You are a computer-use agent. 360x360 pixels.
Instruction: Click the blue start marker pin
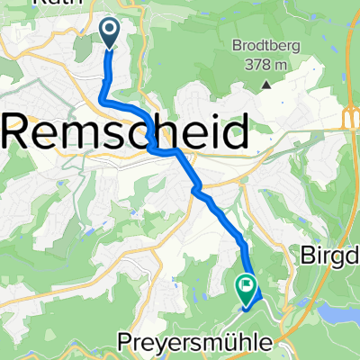(x=110, y=34)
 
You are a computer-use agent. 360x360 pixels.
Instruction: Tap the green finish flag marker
(x=246, y=288)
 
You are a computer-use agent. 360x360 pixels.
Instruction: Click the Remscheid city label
(x=127, y=135)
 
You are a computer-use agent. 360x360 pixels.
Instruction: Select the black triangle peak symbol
(x=267, y=85)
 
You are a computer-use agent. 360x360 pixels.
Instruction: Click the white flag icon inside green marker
(x=247, y=285)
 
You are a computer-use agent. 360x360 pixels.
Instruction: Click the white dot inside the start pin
(x=110, y=31)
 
